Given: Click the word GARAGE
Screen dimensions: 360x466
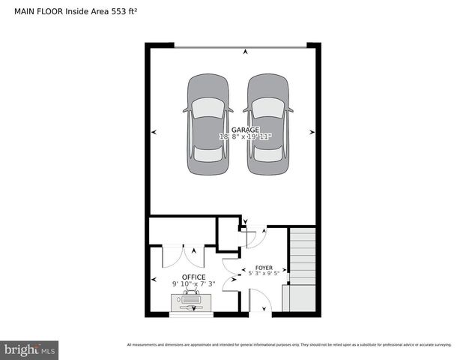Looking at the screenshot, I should tap(245, 130).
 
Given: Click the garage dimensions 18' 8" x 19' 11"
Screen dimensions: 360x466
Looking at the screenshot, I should tap(245, 137).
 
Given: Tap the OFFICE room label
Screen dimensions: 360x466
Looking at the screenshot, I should tap(193, 277).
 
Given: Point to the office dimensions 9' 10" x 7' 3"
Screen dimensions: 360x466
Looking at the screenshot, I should tap(193, 284).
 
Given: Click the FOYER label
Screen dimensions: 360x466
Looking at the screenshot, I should tap(264, 268).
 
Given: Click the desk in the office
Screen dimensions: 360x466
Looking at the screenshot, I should tap(191, 302).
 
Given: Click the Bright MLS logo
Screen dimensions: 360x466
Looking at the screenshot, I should tap(29, 349).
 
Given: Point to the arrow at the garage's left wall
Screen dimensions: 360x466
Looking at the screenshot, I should tap(154, 132).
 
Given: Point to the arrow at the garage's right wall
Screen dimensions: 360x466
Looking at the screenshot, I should tap(312, 132).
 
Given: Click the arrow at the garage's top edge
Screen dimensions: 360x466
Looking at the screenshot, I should tap(245, 51).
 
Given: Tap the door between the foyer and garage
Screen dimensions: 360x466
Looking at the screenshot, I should tap(253, 236).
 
